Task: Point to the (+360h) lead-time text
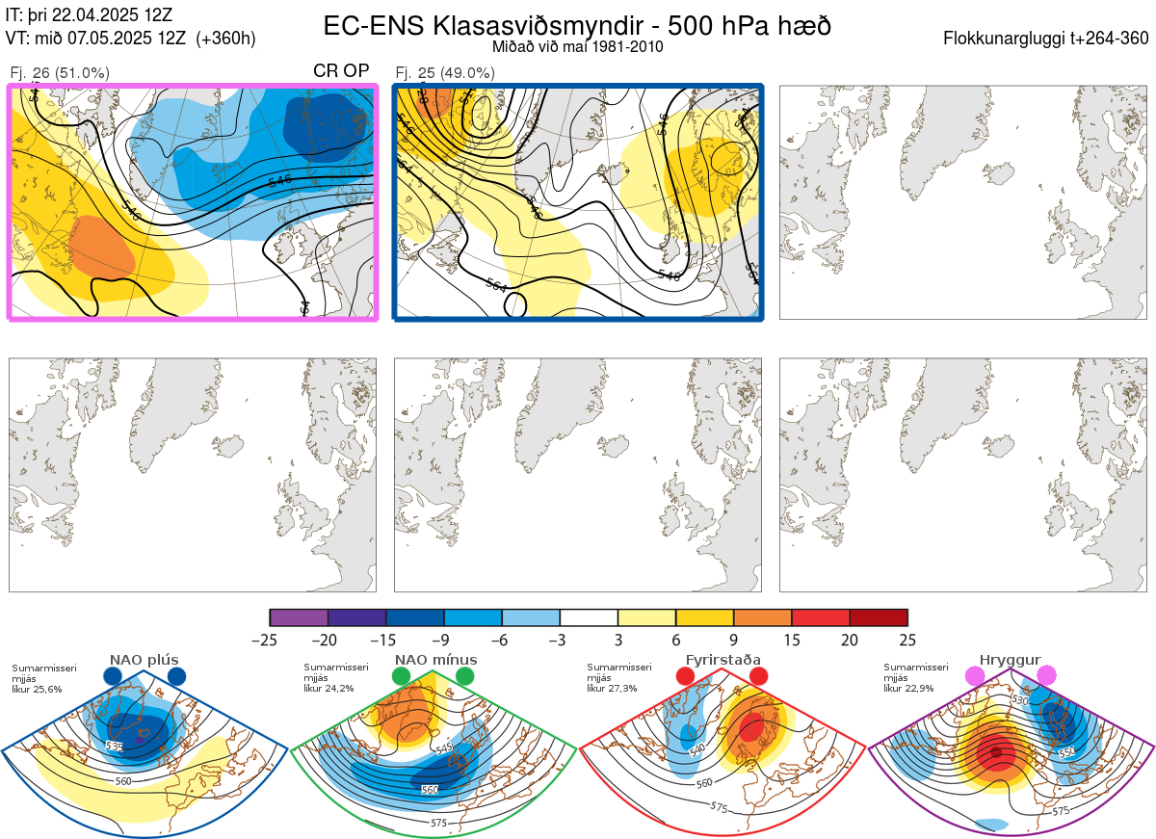coord(225,39)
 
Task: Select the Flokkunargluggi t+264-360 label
coord(1048,39)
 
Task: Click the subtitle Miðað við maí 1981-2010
coord(576,46)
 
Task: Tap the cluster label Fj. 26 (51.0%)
coord(60,73)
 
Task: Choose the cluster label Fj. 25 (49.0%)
coord(445,73)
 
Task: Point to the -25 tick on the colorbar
coord(271,640)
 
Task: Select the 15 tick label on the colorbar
coord(791,640)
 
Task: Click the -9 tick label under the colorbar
coord(444,640)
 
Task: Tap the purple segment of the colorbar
coord(299,617)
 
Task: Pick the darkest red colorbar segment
coord(879,617)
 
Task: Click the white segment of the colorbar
coord(589,617)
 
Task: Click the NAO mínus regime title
coord(435,660)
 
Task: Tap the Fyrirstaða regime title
coord(721,660)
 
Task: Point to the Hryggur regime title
coord(1010,660)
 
